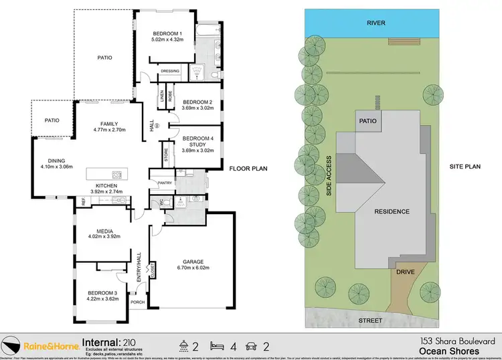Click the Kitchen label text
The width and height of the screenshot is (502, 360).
coord(106,185)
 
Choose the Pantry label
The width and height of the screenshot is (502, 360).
coord(165,182)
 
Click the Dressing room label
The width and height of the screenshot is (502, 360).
coord(170,71)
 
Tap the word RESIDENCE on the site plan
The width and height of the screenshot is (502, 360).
coord(392,211)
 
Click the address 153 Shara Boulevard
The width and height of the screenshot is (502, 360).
coord(449,341)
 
